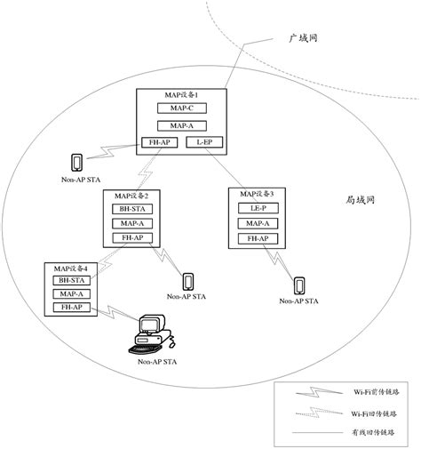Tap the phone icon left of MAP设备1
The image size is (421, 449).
point(76,162)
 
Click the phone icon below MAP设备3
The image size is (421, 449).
point(299,285)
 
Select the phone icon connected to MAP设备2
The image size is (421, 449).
point(187,280)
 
